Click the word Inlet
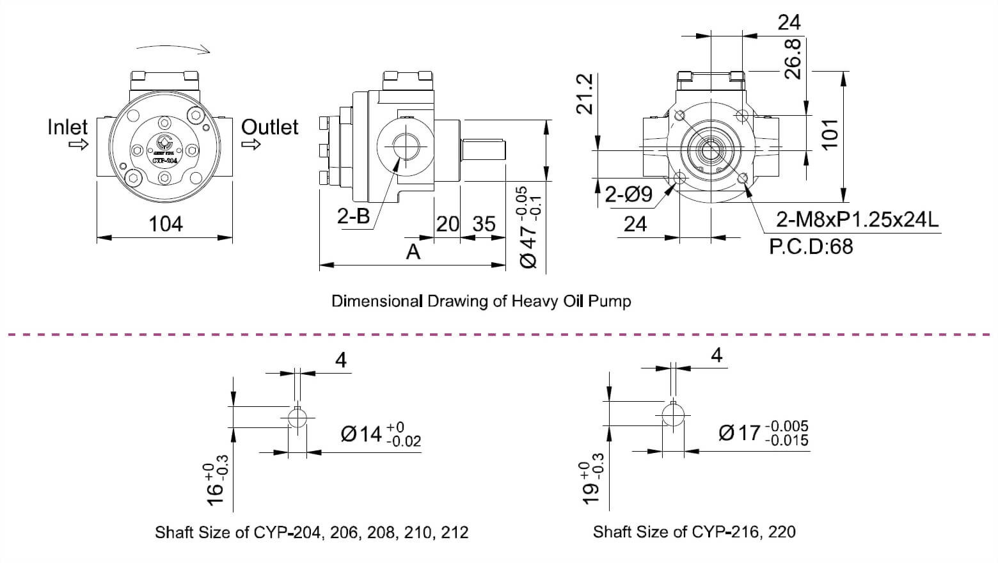(67, 127)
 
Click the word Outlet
(269, 127)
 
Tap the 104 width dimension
(166, 224)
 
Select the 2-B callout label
(354, 216)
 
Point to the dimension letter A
(413, 251)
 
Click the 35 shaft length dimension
(484, 224)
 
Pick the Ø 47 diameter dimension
(531, 227)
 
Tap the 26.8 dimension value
(793, 58)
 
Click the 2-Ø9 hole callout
(628, 194)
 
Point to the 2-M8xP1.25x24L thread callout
(857, 219)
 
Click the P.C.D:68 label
(811, 246)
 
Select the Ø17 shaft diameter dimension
(763, 432)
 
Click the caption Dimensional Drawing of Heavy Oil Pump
(481, 301)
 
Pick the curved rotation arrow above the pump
(173, 49)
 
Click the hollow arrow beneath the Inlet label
(78, 145)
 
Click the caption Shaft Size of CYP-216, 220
(694, 532)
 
